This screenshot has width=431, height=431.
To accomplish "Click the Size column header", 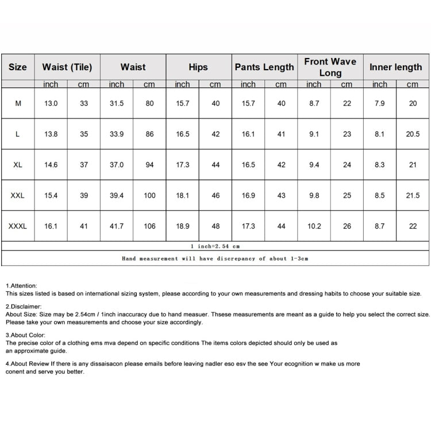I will coord(18,67).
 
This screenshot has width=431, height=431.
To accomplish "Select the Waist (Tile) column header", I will coord(67,67).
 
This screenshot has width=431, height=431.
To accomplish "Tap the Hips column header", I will coord(198,67).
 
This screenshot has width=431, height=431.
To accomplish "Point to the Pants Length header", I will coord(264,67).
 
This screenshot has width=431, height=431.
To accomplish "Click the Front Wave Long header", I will coord(330,67).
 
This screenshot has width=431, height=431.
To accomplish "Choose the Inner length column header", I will coord(395,67).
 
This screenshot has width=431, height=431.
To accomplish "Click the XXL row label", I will coord(18,195).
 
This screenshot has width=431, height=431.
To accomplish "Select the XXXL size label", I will coord(18,226).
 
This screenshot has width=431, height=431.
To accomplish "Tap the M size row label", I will coord(18,103).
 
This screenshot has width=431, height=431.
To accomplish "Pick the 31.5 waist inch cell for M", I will coord(117,103).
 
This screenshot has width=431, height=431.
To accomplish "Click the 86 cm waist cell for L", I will coord(149,134).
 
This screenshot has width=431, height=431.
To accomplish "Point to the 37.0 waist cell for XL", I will coord(117,165).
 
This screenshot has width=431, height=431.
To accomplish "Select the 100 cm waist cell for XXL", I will coord(149,195).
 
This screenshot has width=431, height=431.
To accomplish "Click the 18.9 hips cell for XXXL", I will coord(182,226).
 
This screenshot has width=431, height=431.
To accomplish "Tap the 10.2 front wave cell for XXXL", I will coord(314,226).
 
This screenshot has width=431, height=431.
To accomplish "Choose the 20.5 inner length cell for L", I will coord(413,134).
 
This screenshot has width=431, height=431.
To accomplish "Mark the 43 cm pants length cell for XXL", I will coord(281,195).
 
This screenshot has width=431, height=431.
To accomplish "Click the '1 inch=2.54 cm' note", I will coord(215,246).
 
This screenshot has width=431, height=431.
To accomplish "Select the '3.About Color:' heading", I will coord(25,334).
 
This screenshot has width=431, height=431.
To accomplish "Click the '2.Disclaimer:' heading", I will coord(24,307).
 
